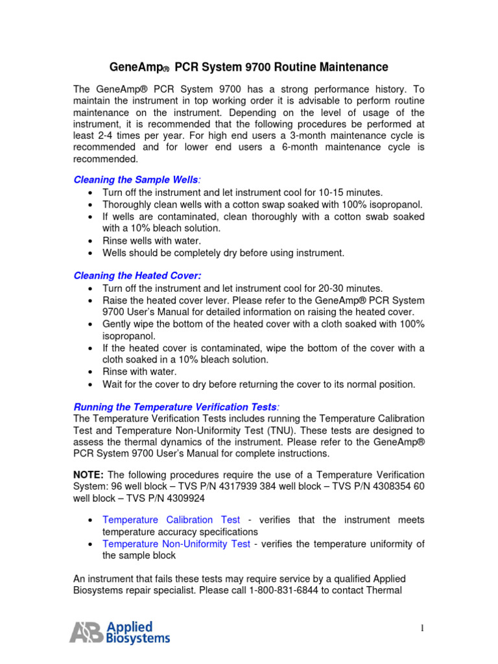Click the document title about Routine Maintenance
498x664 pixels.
(x=248, y=67)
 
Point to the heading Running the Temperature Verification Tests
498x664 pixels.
(x=174, y=407)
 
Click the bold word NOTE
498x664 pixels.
(x=89, y=475)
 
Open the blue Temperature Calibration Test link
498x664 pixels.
(x=171, y=520)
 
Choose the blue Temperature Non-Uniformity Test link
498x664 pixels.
(x=176, y=544)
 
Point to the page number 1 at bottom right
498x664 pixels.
(x=421, y=627)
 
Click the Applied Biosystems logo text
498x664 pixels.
(x=137, y=632)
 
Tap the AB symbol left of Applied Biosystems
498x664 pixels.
(x=86, y=632)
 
